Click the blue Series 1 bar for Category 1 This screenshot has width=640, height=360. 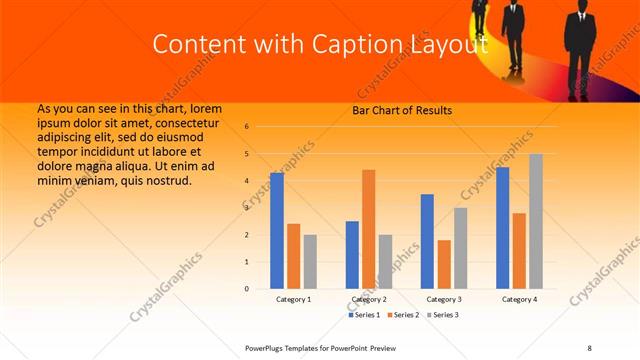tap(277, 231)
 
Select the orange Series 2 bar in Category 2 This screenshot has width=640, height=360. tap(368, 229)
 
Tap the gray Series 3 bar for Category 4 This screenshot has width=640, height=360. tap(536, 221)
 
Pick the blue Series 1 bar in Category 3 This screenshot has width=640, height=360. tap(427, 241)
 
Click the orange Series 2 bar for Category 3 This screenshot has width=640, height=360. tap(444, 264)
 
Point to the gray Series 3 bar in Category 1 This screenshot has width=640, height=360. tap(310, 262)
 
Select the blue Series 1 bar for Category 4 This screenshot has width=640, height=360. tap(502, 228)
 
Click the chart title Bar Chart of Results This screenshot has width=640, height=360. tap(402, 110)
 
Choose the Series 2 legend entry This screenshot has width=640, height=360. tap(403, 315)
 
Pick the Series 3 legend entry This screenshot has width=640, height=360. tap(442, 315)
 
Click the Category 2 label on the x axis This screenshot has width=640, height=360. tap(369, 299)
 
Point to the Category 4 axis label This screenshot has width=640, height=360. tap(519, 299)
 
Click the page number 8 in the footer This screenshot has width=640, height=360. tap(589, 347)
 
